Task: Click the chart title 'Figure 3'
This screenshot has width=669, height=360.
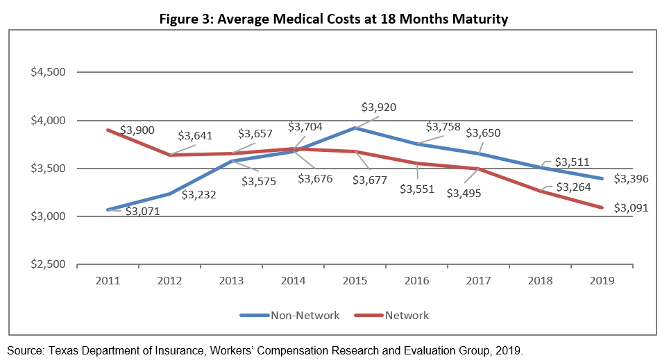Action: click(334, 19)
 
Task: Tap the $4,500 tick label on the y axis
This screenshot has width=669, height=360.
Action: click(47, 73)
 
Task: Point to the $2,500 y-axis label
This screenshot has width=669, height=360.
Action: click(47, 264)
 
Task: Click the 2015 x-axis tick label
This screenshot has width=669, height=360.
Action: click(355, 280)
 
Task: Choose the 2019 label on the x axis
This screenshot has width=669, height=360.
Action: click(603, 280)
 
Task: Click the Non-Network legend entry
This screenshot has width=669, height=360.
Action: click(289, 316)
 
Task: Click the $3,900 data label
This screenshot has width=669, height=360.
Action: click(137, 130)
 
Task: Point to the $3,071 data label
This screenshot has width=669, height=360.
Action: click(142, 211)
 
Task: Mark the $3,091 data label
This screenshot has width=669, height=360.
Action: click(631, 207)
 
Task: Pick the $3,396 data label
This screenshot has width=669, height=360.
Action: click(631, 178)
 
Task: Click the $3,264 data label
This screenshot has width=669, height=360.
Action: click(571, 187)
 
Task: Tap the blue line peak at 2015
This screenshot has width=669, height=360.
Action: click(355, 128)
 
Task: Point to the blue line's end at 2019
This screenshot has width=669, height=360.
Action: click(603, 178)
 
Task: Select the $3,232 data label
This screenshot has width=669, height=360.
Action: click(199, 195)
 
